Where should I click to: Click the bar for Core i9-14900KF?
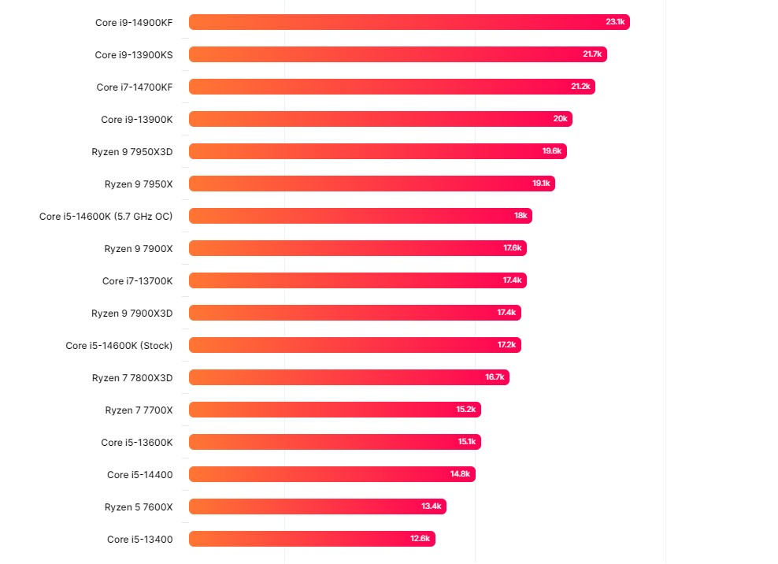tap(409, 22)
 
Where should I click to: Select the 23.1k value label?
tap(615, 22)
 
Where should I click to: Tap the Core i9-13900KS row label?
tap(133, 54)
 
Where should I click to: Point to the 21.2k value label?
tap(580, 87)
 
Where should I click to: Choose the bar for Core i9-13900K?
tap(380, 119)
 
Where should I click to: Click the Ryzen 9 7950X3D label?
tap(132, 151)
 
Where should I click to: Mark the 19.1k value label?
tap(541, 184)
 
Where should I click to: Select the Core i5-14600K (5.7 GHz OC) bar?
tap(360, 216)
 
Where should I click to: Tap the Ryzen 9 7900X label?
tap(138, 248)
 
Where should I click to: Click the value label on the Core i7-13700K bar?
tap(513, 280)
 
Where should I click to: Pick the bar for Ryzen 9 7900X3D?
tap(354, 313)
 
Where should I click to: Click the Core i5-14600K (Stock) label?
tap(119, 345)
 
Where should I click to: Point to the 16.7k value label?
tap(495, 377)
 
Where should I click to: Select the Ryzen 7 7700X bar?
tap(335, 410)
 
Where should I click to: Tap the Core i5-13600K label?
tap(136, 442)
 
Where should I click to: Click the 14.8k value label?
tap(461, 474)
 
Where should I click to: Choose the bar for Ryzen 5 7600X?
tap(317, 506)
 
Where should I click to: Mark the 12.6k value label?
tap(420, 539)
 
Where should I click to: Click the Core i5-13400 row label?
tap(139, 539)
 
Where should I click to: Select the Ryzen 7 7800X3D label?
tap(132, 377)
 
